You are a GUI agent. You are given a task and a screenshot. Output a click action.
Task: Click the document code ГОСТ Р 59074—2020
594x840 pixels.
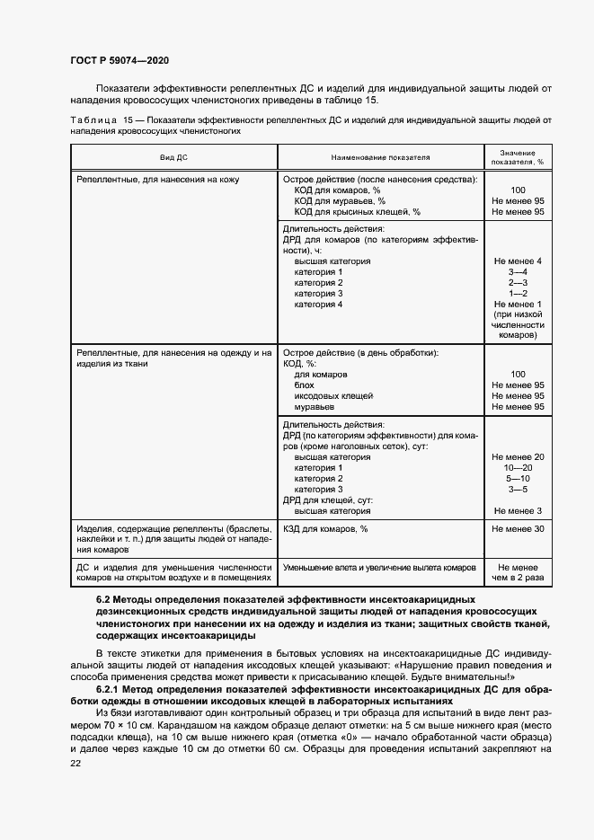point(120,59)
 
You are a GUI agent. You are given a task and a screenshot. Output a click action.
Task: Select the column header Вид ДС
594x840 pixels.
point(173,157)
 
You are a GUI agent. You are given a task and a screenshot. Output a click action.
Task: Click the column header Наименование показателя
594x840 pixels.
point(381,157)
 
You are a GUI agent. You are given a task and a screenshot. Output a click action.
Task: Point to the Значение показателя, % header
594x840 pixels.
point(517,157)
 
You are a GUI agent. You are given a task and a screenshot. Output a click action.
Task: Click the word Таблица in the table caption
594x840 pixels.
point(92,119)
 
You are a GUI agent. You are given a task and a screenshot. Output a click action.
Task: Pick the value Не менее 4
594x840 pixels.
point(517,261)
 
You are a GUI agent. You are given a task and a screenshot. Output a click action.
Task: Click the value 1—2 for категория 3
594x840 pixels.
point(517,294)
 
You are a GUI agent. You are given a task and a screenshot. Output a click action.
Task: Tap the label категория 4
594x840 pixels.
point(318,305)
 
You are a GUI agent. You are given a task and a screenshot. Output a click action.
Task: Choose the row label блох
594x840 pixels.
point(305,385)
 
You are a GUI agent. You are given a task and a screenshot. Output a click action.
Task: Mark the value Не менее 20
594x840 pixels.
point(517,457)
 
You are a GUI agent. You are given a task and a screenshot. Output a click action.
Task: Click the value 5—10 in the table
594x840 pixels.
point(517,479)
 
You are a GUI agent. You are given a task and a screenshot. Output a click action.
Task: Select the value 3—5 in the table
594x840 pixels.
point(517,490)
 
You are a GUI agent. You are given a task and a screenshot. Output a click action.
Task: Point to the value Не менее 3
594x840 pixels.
point(517,511)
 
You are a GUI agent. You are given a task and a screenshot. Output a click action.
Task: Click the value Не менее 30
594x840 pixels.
point(517,529)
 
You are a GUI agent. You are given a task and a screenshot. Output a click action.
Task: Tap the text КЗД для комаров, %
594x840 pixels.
point(325,529)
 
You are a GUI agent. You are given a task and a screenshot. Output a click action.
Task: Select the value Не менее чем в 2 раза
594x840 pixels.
point(517,573)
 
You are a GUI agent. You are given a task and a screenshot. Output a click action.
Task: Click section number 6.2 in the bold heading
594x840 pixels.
point(104,598)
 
